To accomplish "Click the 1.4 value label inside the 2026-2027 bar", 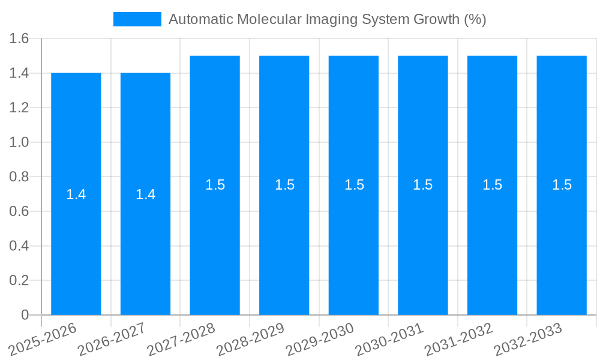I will coord(146,194).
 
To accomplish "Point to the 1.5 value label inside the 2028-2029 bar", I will coord(284,185).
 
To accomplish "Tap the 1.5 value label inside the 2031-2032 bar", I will coord(493,185).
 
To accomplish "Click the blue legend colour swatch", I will coord(137,19).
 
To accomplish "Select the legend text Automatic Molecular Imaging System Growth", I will coord(327,19).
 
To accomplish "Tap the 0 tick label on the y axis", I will coord(25,315).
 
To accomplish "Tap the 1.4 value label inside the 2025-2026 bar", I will coord(76,194).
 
